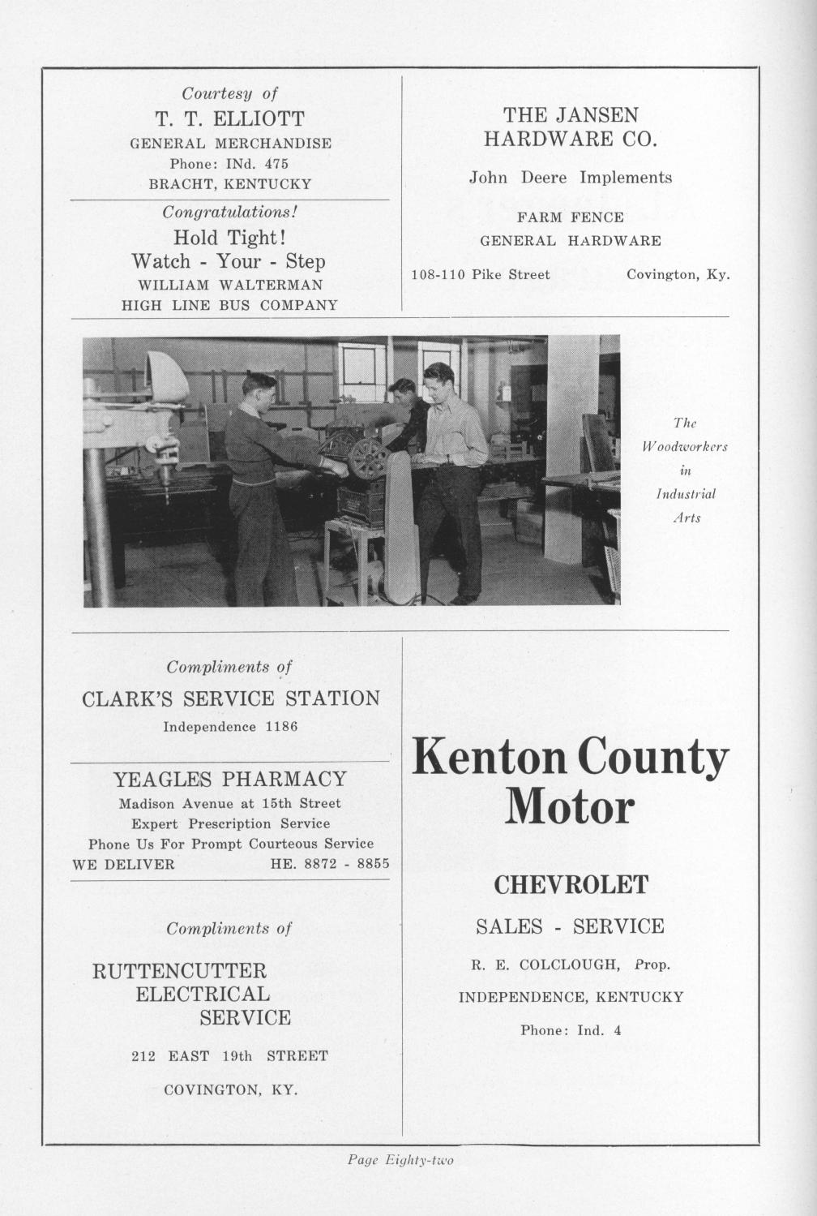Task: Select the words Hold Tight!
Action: tap(229, 238)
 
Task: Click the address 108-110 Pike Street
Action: tap(481, 275)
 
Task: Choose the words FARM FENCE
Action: tap(571, 217)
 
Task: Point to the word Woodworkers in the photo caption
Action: tap(685, 447)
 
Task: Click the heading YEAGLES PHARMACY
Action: tap(229, 780)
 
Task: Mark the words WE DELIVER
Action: tap(123, 865)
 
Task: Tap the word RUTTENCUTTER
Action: tap(179, 971)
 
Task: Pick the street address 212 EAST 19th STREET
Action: tap(229, 1056)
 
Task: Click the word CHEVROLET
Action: tap(571, 884)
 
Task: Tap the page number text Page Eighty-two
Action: tap(400, 1161)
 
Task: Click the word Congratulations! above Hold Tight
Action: tap(230, 213)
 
